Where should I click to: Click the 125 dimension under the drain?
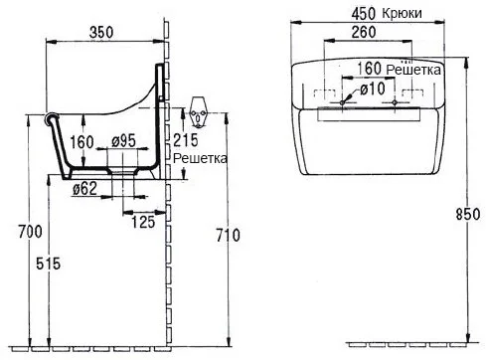(140, 224)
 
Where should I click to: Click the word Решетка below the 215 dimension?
(199, 158)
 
